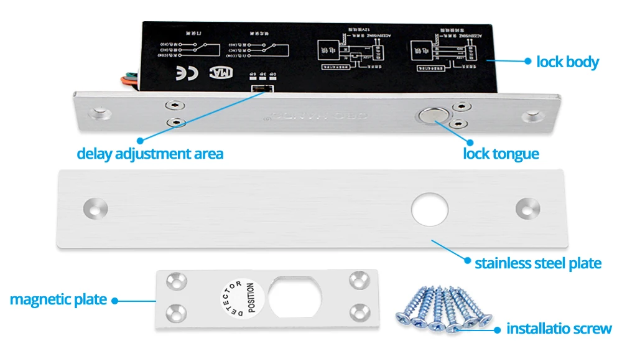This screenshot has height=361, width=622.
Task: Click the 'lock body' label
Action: [x=567, y=62]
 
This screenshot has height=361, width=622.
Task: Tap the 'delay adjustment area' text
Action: [x=149, y=153]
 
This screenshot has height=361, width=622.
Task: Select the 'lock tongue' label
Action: [x=501, y=153]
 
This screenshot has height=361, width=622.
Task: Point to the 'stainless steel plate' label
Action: [x=538, y=263]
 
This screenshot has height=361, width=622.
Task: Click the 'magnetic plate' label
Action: [x=58, y=299]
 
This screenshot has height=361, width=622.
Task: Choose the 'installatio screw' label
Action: [x=559, y=329]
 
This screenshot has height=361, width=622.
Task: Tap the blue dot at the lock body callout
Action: [x=527, y=61]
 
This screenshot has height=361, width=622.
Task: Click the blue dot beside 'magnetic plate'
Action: [x=114, y=300]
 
